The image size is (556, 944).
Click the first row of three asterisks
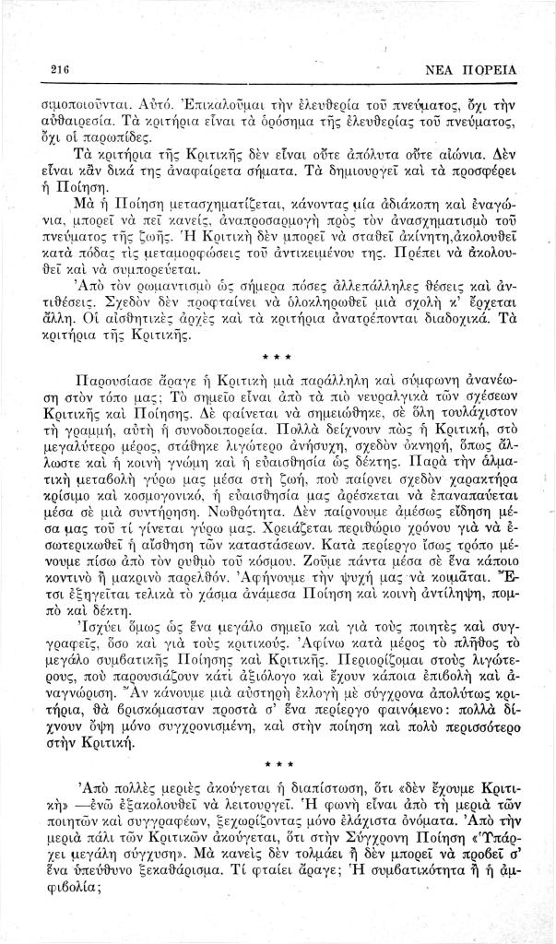pyautogui.click(x=278, y=379)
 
